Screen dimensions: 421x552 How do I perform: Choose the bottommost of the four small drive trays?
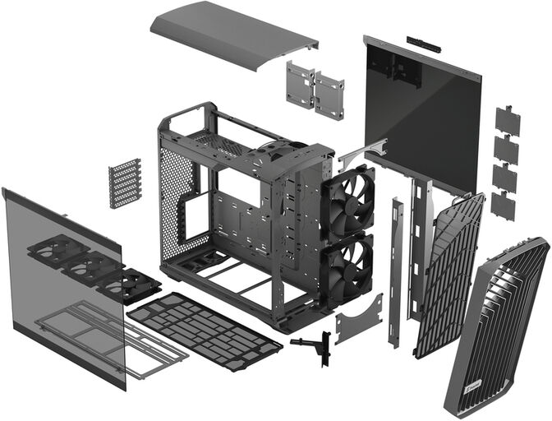pyautogui.click(x=503, y=205)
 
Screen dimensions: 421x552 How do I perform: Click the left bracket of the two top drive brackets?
pyautogui.click(x=300, y=85)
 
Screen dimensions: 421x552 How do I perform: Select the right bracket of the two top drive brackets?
pyautogui.click(x=329, y=95)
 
